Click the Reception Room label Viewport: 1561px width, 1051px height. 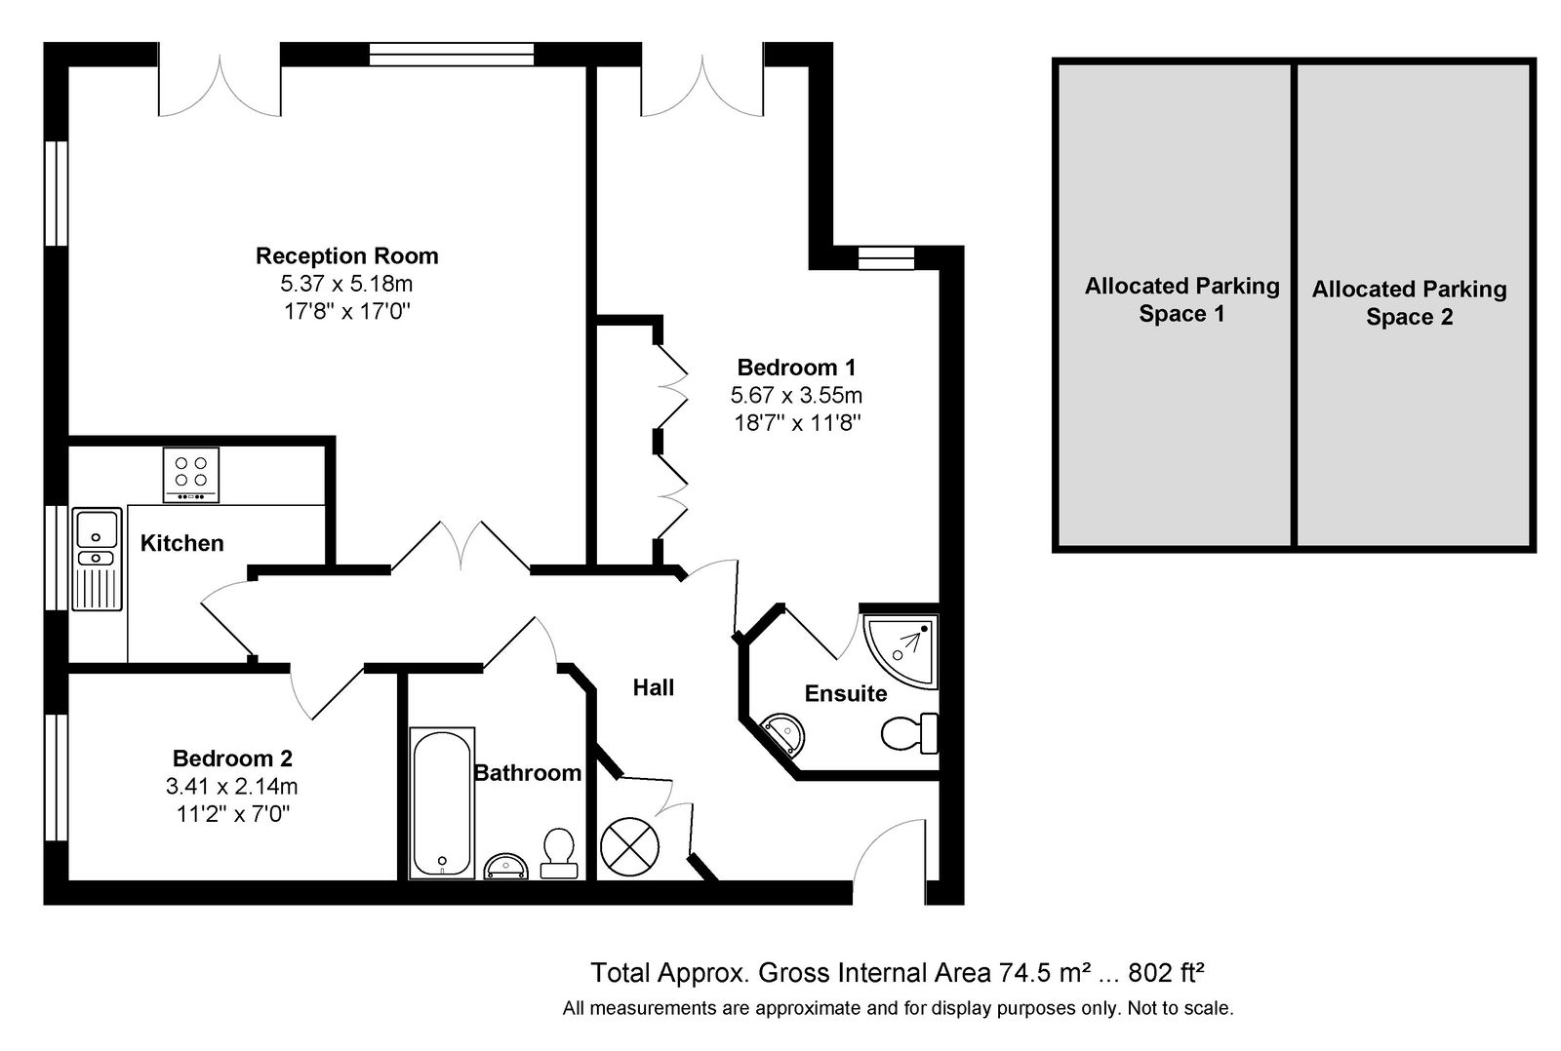pos(347,256)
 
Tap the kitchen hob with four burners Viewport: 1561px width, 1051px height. pos(191,474)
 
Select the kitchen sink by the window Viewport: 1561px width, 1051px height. pos(97,560)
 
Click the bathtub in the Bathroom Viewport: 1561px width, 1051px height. pos(442,803)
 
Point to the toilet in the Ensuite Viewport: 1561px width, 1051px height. pos(909,733)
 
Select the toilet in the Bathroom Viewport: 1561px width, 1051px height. pos(559,853)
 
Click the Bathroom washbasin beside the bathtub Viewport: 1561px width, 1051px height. pos(506,867)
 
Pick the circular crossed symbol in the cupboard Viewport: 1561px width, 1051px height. pos(629,847)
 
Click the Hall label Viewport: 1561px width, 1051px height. pos(653,688)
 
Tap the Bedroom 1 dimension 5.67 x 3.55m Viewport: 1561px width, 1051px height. pos(796,396)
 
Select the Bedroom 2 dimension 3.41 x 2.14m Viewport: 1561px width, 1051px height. pos(231,787)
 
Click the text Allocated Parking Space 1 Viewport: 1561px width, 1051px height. pos(1181,299)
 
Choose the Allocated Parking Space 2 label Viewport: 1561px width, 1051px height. pos(1409,303)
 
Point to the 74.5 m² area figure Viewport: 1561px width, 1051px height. pos(1045,972)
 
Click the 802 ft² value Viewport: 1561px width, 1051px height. pos(1167,972)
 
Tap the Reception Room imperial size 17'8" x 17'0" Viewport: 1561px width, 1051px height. pos(347,311)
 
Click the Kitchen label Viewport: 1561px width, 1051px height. pos(181,543)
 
